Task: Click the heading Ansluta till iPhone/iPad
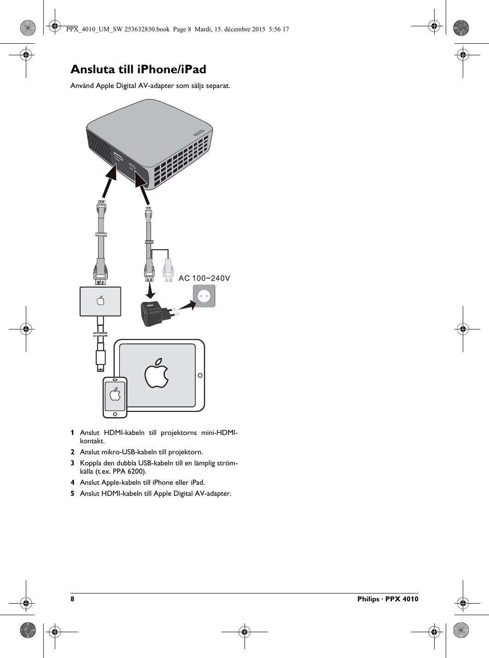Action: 138,70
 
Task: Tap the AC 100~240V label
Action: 204,278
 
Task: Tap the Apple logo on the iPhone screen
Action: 115,395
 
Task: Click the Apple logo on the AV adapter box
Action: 100,301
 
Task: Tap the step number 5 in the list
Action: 72,493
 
